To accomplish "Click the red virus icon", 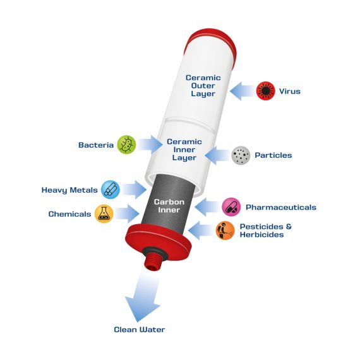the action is tap(266, 91).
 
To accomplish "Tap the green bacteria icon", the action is tap(126, 145).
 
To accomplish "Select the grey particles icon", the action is tap(241, 155).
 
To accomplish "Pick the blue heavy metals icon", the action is tap(111, 189).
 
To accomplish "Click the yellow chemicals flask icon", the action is tap(104, 213).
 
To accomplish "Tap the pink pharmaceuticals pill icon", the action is tap(231, 207).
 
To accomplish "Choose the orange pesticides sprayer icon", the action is tap(225, 231).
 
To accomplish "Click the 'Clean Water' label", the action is tap(140, 330).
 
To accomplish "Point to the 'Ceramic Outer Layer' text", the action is tap(203, 86).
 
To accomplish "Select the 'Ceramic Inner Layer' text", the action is tap(184, 150).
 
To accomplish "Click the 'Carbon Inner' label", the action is tap(169, 206).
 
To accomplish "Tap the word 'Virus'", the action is tap(290, 91).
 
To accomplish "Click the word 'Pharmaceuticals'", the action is tap(281, 207).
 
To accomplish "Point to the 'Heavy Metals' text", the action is tap(69, 190).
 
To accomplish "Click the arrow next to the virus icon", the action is tap(243, 91).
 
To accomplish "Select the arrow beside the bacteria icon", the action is tap(150, 145).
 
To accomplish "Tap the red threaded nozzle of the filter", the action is tap(153, 260).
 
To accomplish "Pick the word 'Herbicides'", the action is tap(261, 235).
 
